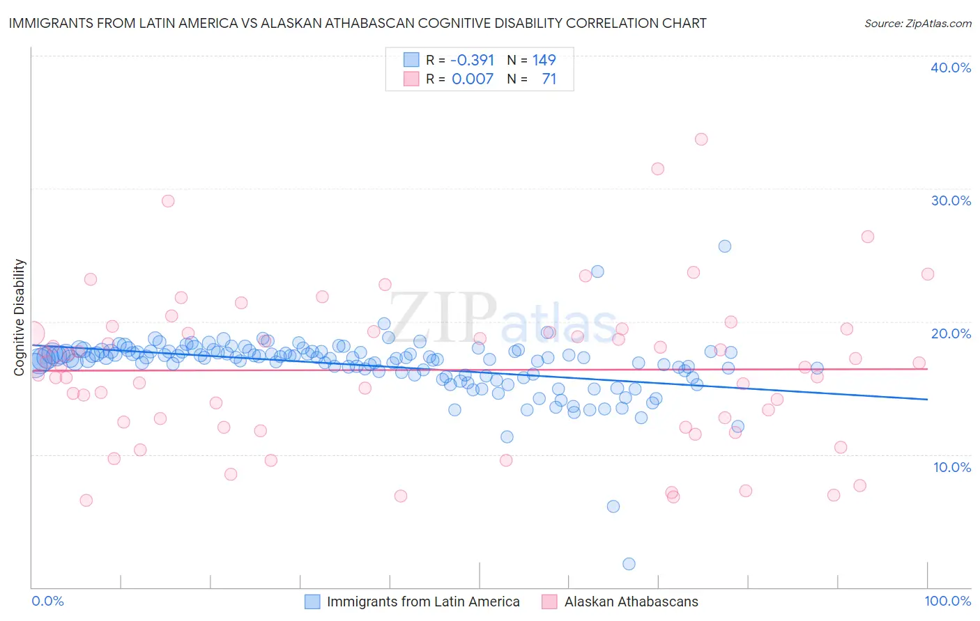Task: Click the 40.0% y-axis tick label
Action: (x=950, y=68)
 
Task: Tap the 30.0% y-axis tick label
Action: (x=950, y=201)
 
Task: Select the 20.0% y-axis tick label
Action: (x=950, y=333)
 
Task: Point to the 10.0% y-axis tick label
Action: (x=951, y=467)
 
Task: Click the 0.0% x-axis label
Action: (x=47, y=602)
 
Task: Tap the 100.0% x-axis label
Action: (x=947, y=602)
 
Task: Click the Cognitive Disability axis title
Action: (x=19, y=317)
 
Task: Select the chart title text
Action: (x=358, y=23)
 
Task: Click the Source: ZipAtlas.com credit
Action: (x=917, y=24)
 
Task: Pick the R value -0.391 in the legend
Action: (x=472, y=60)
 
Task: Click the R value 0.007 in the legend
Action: (x=473, y=79)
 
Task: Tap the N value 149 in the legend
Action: (x=544, y=60)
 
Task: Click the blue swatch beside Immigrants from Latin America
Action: (x=312, y=602)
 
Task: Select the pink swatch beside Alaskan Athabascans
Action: (x=550, y=602)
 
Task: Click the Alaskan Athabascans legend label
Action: (x=631, y=602)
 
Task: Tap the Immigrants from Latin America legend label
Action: (x=423, y=602)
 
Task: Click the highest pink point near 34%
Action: (x=701, y=139)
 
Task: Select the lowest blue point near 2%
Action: (x=629, y=564)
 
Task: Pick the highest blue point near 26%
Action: (x=725, y=246)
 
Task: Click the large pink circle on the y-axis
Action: (x=33, y=333)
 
